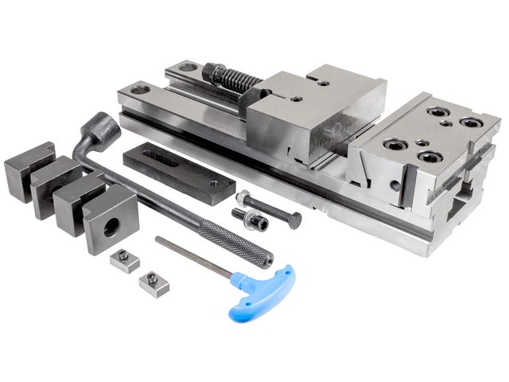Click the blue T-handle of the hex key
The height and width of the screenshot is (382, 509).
pyautogui.click(x=261, y=291)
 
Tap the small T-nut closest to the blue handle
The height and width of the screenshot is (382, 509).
pyautogui.click(x=154, y=283)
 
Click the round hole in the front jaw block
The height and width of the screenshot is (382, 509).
pyautogui.click(x=112, y=225)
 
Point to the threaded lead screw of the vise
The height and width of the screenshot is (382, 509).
pyautogui.click(x=238, y=80)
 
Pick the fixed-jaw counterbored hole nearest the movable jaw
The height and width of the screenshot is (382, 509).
pyautogui.click(x=395, y=145)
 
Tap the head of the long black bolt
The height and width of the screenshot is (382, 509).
pyautogui.click(x=243, y=197)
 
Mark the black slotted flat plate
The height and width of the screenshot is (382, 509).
pyautogui.click(x=179, y=171)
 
